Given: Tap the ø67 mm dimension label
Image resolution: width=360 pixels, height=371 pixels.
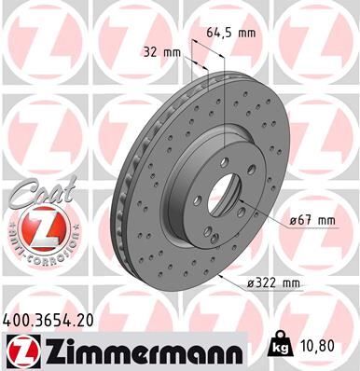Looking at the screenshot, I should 310,220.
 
